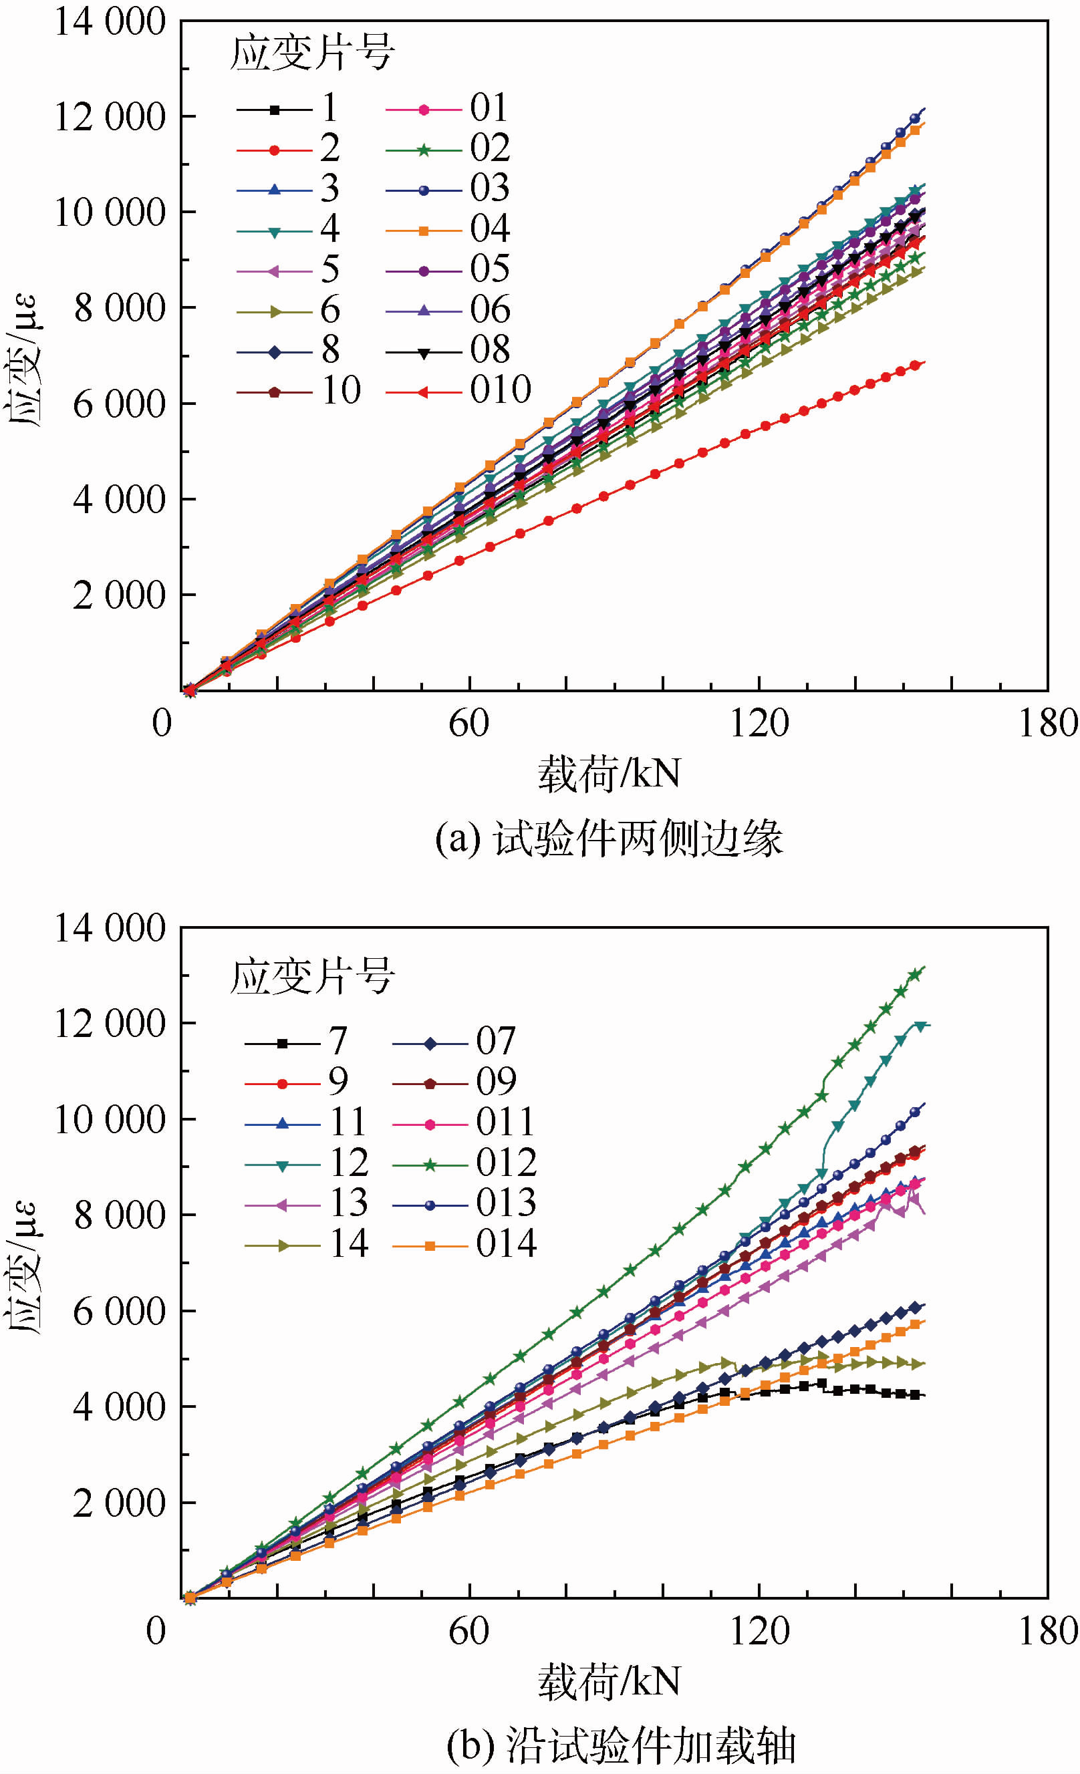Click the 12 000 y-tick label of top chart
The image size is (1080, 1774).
click(110, 117)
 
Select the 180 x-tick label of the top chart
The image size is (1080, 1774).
click(1048, 723)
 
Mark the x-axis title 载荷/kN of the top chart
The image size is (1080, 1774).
click(609, 774)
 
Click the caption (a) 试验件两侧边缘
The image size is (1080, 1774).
click(609, 839)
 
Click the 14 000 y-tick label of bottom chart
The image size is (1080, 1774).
click(110, 928)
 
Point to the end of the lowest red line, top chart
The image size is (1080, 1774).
click(923, 362)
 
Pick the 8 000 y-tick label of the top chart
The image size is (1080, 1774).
click(120, 308)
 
